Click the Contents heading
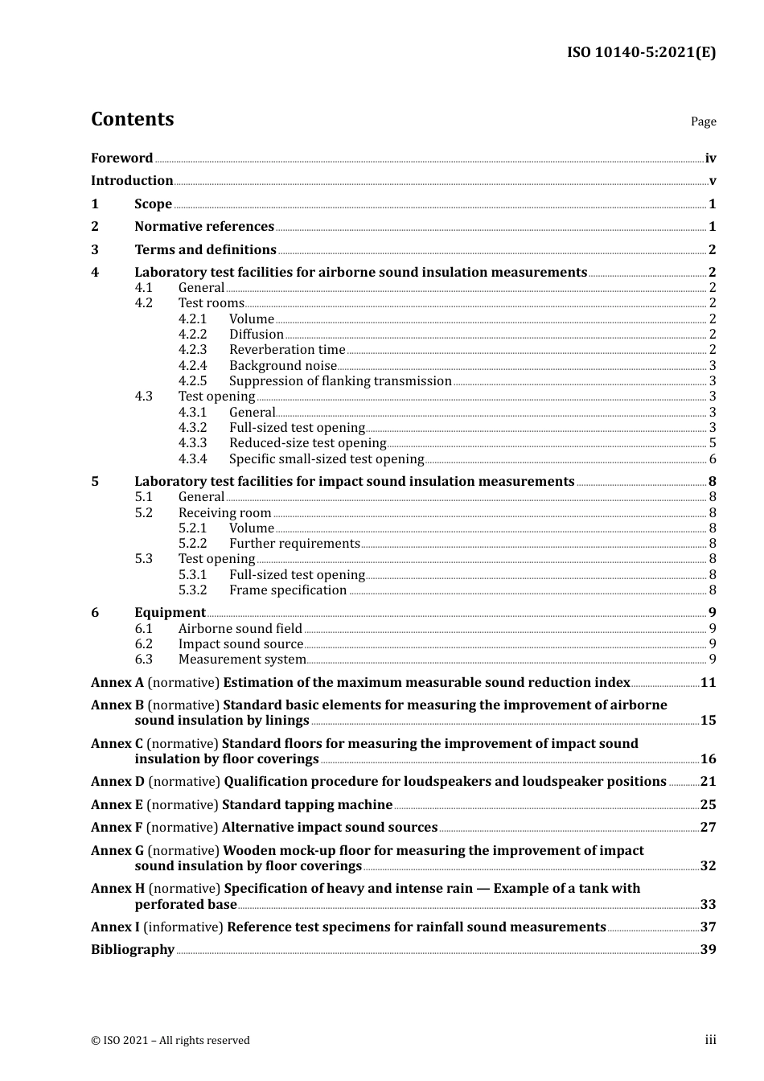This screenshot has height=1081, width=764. [132, 119]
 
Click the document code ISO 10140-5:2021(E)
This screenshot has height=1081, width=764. [641, 53]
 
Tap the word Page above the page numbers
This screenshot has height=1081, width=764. [703, 121]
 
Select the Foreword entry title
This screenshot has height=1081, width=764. [121, 158]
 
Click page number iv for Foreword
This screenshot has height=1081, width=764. [710, 158]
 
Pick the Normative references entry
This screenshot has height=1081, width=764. [204, 227]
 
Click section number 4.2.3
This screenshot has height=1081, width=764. [192, 350]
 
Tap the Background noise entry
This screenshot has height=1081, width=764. [283, 366]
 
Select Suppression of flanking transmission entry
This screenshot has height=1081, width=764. [340, 381]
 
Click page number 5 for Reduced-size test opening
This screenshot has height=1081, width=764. [713, 443]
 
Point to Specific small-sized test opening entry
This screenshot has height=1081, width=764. [327, 459]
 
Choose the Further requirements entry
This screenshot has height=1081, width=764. [294, 544]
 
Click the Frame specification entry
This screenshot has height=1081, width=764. [288, 590]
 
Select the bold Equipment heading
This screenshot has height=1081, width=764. [170, 613]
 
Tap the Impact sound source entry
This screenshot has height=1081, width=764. [240, 644]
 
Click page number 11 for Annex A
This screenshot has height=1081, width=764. [708, 683]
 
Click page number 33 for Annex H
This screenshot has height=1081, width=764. [708, 905]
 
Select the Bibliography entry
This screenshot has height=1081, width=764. [133, 950]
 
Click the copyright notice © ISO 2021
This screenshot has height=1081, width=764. [170, 1041]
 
